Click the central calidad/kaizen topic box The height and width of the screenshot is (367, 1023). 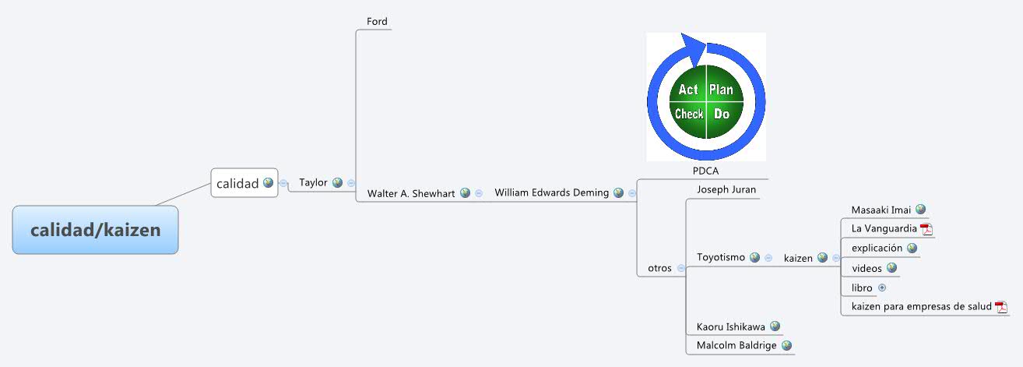95,230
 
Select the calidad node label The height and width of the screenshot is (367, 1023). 237,184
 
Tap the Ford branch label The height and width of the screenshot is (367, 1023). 377,22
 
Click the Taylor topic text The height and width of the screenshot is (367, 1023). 313,183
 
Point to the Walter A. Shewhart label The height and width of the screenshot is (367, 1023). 411,193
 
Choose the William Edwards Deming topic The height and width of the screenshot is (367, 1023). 551,192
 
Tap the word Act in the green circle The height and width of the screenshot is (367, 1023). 688,90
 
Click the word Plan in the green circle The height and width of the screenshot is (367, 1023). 721,90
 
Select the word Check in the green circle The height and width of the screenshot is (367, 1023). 689,114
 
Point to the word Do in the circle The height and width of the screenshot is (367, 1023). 722,114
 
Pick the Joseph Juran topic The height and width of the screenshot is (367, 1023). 726,189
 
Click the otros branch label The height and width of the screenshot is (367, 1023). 659,268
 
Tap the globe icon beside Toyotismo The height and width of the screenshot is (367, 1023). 754,257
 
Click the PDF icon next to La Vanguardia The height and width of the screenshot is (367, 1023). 926,229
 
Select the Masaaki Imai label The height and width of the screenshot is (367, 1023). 881,210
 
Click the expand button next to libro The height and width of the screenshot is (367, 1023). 882,288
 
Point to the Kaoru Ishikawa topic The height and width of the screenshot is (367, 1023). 730,326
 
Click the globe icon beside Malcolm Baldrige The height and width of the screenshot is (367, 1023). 786,345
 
